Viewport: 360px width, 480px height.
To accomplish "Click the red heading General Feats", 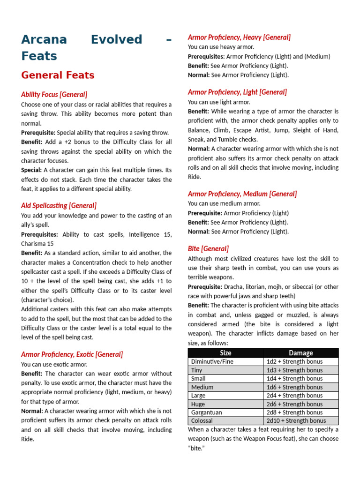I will pos(58,75).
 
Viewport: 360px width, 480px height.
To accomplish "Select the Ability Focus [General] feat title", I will pos(54,95).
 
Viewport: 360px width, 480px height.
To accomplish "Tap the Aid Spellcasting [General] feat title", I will pos(59,205).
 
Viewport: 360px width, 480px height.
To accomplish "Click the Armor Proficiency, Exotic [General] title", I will pos(72,354).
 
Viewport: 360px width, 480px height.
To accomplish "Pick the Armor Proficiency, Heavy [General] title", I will pos(239,37).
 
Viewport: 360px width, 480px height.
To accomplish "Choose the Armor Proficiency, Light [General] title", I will pos(237,92).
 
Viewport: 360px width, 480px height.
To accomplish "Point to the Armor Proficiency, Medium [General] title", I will pos(242,194).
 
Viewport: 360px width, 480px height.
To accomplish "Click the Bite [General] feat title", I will pos(208,248).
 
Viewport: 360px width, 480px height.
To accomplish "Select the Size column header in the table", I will pos(225,353).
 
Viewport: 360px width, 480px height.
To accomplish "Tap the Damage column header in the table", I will pos(300,353).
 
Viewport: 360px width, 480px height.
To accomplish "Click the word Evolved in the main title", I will pos(116,40).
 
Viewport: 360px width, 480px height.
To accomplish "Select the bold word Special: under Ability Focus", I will pos(31,170).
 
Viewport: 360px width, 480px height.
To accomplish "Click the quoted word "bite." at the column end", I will pos(196,448).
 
